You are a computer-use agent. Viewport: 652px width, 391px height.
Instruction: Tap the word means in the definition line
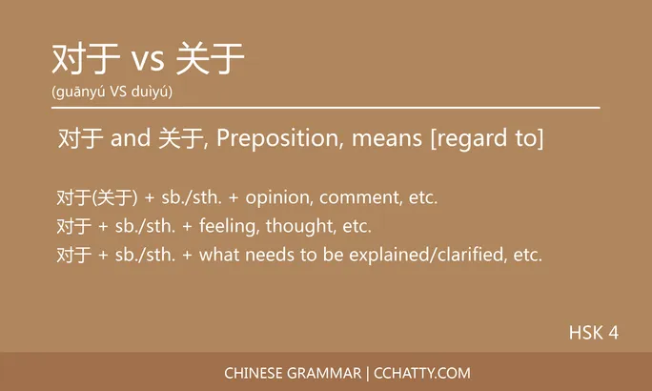pos(387,139)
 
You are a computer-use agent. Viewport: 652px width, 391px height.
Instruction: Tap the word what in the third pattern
pos(218,256)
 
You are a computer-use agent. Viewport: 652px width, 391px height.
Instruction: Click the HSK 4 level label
pos(594,333)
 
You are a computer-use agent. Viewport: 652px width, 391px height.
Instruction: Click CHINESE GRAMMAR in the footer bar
pos(292,373)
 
